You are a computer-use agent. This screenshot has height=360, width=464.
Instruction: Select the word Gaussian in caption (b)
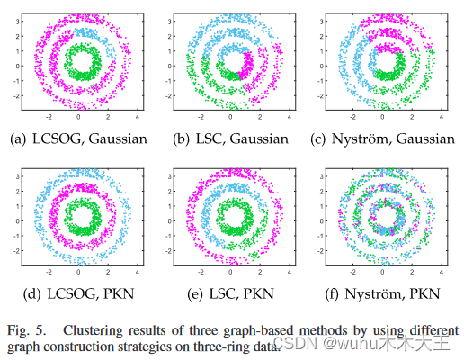click(x=256, y=139)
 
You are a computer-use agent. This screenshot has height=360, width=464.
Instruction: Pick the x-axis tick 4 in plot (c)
click(x=442, y=117)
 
